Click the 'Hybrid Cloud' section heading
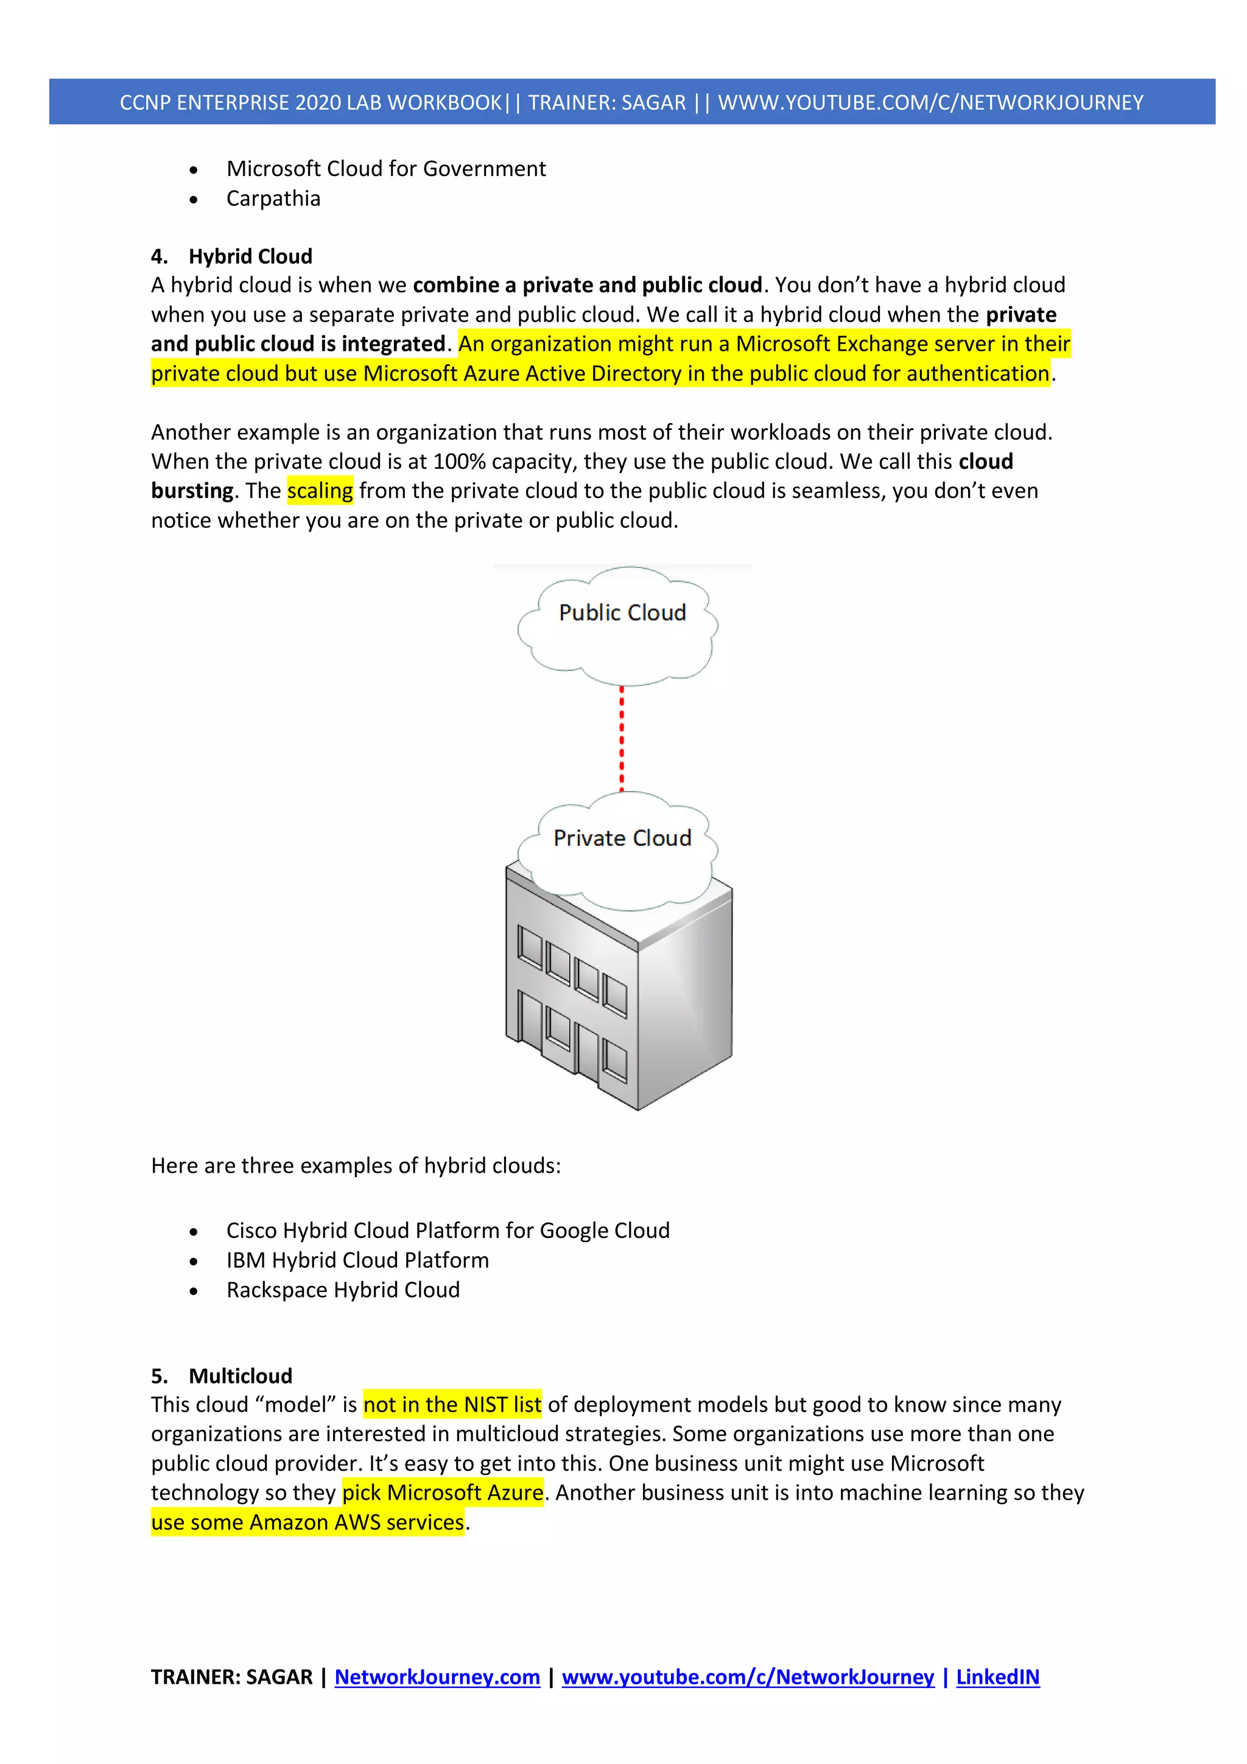pyautogui.click(x=250, y=256)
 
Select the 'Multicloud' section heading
pyautogui.click(x=240, y=1376)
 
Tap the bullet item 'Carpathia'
pyautogui.click(x=273, y=199)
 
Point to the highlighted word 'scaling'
pyautogui.click(x=320, y=490)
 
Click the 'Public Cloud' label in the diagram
pyautogui.click(x=622, y=613)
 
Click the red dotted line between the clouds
pyautogui.click(x=622, y=737)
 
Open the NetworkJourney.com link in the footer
pyautogui.click(x=437, y=1676)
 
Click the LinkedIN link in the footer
pyautogui.click(x=997, y=1676)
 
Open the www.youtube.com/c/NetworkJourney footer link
pyautogui.click(x=748, y=1676)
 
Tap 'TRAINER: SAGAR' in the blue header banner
pyautogui.click(x=606, y=102)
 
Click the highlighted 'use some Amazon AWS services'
pyautogui.click(x=307, y=1522)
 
